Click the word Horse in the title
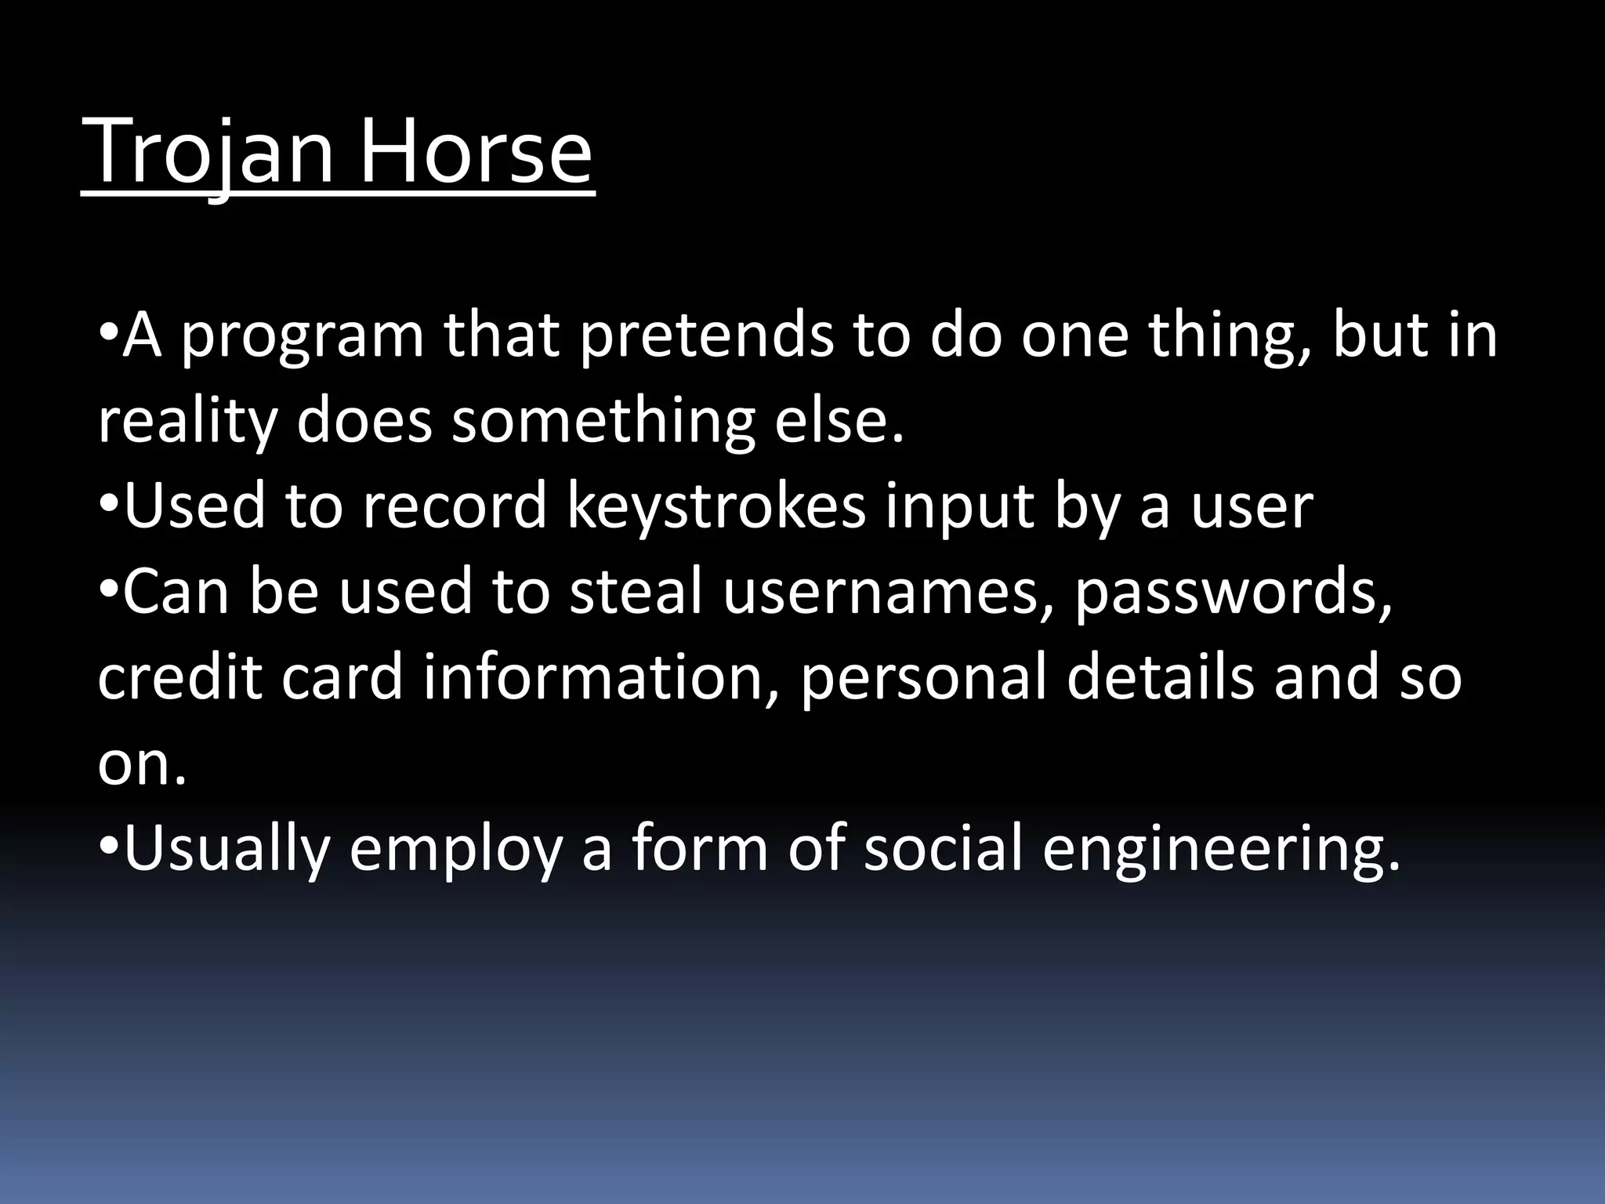pyautogui.click(x=476, y=150)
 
